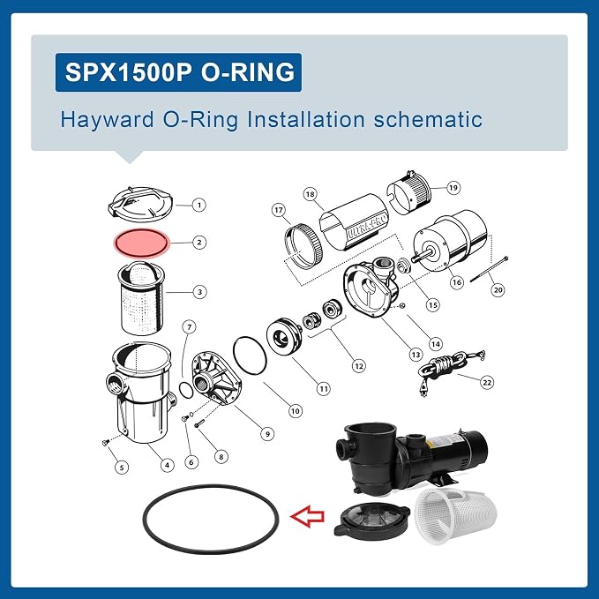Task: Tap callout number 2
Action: coord(199,243)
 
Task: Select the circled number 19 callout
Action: coord(453,188)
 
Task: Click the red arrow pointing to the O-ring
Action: coord(308,516)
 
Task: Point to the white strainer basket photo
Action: coord(455,515)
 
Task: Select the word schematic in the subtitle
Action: coord(428,120)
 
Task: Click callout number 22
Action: coord(487,382)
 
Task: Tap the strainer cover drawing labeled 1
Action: coord(140,205)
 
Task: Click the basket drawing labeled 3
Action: coord(141,299)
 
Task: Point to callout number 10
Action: coord(295,411)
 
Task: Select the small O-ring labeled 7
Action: coord(186,391)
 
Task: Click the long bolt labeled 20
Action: coord(490,269)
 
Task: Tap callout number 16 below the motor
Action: coord(456,282)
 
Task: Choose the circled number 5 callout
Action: coord(122,468)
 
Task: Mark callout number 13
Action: coord(416,355)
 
